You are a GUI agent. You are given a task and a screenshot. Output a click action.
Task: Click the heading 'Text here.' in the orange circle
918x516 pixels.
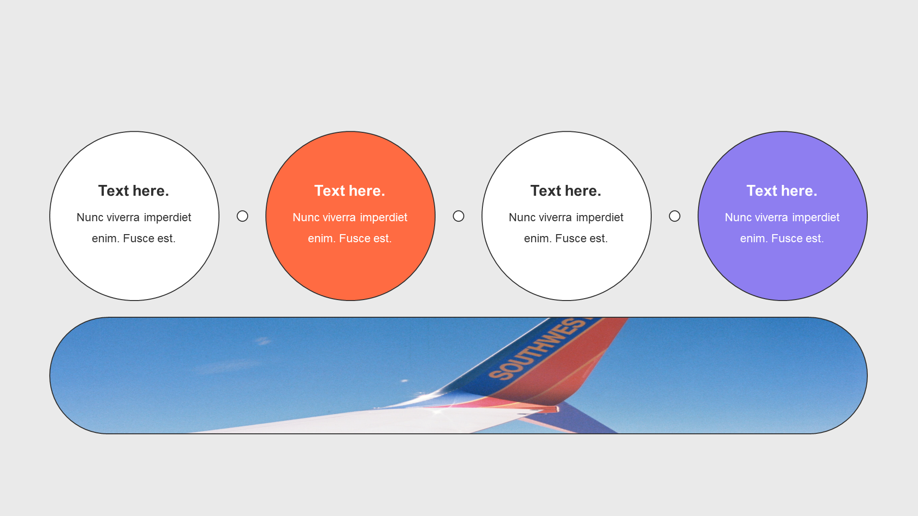coord(350,191)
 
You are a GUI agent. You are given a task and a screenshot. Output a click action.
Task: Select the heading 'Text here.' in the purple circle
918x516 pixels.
coord(782,191)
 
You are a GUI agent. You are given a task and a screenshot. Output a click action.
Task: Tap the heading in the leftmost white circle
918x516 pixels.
coord(133,191)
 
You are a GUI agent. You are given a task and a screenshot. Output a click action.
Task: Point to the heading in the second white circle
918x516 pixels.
coord(566,191)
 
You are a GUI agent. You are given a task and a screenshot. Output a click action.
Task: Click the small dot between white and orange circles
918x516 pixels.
coord(242,216)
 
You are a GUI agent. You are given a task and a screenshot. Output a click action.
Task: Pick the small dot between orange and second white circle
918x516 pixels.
coord(459,216)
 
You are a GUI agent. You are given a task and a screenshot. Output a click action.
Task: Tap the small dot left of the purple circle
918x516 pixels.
coord(675,216)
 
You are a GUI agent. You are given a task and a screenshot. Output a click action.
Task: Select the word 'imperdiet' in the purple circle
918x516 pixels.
coord(816,218)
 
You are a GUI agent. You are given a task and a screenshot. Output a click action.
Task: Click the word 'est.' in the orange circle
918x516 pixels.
coord(382,239)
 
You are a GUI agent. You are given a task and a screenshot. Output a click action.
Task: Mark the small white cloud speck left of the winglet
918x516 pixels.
coord(404,381)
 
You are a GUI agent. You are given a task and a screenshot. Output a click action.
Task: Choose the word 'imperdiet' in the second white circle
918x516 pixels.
coord(600,218)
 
